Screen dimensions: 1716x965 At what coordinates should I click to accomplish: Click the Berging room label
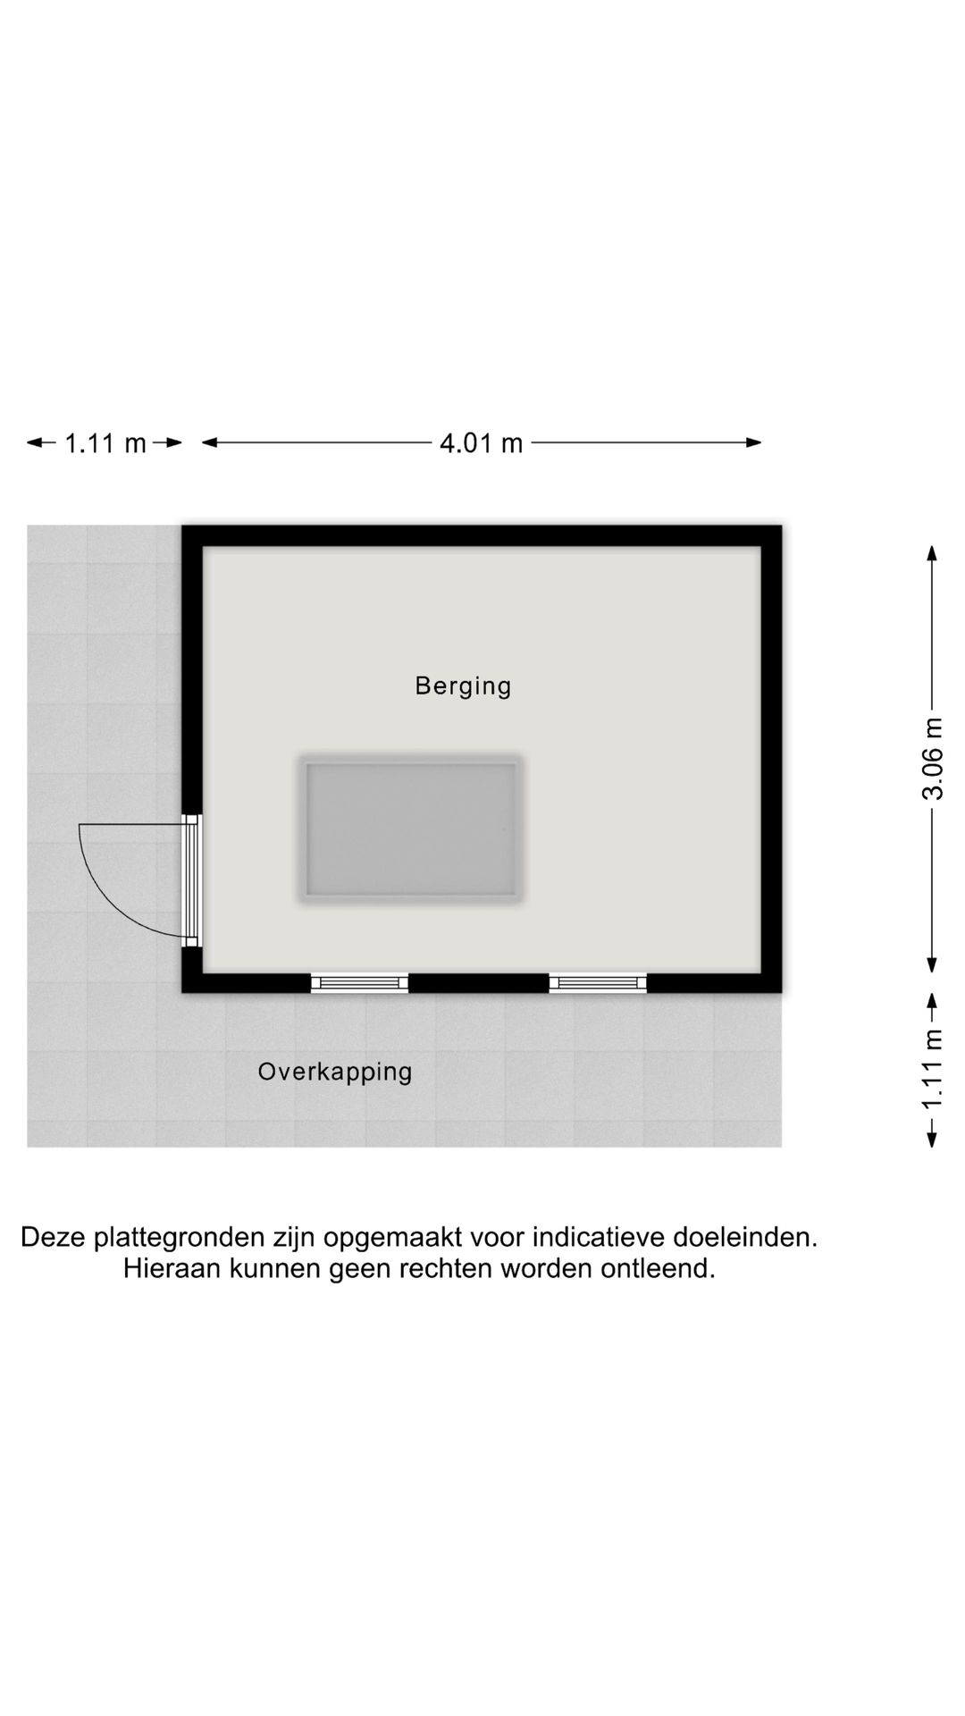click(x=463, y=686)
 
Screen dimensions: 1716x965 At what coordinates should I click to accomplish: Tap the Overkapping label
click(x=335, y=1072)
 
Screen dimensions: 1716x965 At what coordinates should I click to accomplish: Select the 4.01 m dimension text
click(x=481, y=442)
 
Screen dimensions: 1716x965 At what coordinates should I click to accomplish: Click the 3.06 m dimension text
click(x=932, y=759)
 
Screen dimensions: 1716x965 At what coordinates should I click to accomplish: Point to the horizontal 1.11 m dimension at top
click(x=105, y=442)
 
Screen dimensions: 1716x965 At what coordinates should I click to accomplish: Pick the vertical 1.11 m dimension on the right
click(x=932, y=1069)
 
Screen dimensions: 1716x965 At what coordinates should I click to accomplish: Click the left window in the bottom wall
click(x=359, y=983)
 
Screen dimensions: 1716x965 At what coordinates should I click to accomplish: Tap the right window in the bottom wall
click(x=598, y=983)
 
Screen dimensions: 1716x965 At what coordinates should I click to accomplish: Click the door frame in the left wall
click(x=191, y=880)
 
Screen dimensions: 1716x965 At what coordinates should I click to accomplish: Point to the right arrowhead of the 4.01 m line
click(x=755, y=442)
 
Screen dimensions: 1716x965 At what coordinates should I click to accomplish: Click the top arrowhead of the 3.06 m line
click(x=932, y=552)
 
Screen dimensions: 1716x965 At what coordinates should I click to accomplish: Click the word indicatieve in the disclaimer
click(x=599, y=1238)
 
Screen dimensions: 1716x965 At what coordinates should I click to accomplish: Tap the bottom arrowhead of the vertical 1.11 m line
click(x=932, y=1140)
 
